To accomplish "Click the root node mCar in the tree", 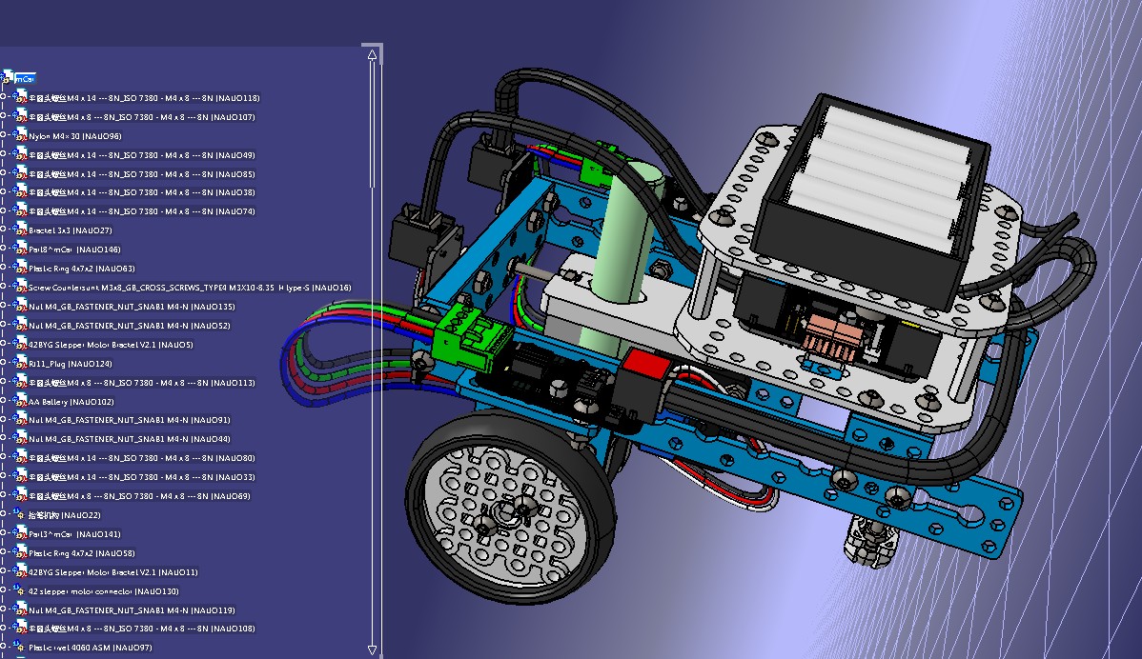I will pyautogui.click(x=27, y=79).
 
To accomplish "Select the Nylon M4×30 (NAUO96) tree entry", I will pyautogui.click(x=74, y=136).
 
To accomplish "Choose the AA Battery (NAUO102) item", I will pyautogui.click(x=71, y=401).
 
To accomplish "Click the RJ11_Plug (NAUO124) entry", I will pyautogui.click(x=70, y=364).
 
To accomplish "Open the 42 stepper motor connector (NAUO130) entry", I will pyautogui.click(x=103, y=590).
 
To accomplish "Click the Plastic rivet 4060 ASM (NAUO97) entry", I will pyautogui.click(x=90, y=648).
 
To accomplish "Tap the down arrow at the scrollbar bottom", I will pyautogui.click(x=372, y=649).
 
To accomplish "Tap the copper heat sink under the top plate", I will pyautogui.click(x=829, y=338).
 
